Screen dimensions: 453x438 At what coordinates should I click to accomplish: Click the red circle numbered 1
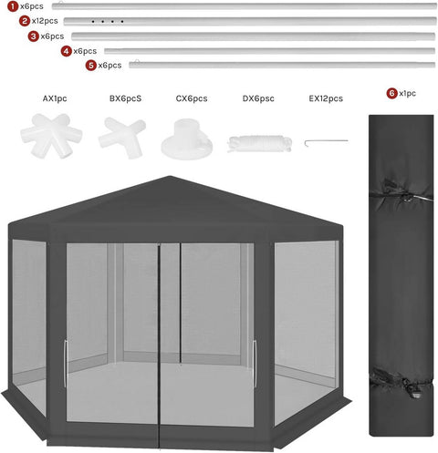(x=12, y=5)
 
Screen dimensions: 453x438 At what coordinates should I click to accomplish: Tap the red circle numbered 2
(x=25, y=20)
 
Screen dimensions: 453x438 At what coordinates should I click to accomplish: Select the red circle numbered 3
(x=34, y=36)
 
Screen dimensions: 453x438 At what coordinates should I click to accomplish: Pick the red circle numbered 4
(x=67, y=51)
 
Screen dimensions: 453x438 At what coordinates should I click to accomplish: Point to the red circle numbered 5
(x=91, y=66)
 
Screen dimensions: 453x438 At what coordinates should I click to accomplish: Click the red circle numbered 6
(x=391, y=93)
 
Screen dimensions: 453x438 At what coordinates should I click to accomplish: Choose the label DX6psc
(x=259, y=98)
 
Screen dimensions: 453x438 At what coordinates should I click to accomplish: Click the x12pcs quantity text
(x=45, y=20)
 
